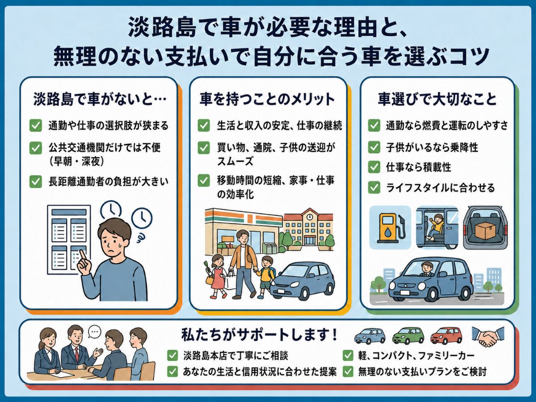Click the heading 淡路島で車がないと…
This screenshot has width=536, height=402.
[100, 99]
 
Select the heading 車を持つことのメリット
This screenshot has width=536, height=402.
[267, 99]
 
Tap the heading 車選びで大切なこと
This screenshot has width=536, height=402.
[437, 99]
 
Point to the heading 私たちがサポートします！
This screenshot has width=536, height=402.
[260, 335]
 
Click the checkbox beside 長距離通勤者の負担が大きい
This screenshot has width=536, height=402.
[36, 182]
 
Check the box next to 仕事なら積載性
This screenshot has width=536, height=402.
[374, 167]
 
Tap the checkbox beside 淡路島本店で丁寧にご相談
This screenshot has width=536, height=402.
[172, 356]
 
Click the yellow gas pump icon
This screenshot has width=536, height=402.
[391, 228]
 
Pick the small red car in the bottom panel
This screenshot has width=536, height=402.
[446, 336]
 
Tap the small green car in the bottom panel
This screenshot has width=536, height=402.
[408, 336]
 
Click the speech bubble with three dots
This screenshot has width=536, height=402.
[94, 332]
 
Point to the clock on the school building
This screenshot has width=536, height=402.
[310, 217]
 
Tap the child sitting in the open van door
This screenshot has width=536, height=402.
[435, 227]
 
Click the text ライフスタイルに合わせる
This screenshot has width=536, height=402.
[440, 188]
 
